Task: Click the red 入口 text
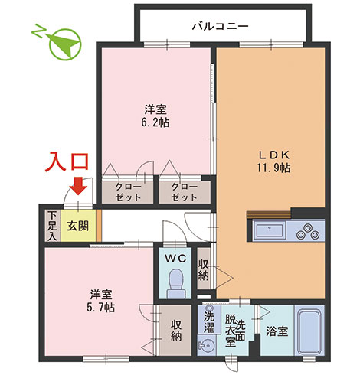pos(70,161)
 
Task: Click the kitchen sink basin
pos(270,229)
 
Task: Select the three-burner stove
pos(307,229)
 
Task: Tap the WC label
pos(176,258)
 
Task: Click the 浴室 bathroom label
pos(277,332)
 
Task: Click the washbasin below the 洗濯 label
pos(208,346)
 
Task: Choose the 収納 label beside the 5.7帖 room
pos(176,331)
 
